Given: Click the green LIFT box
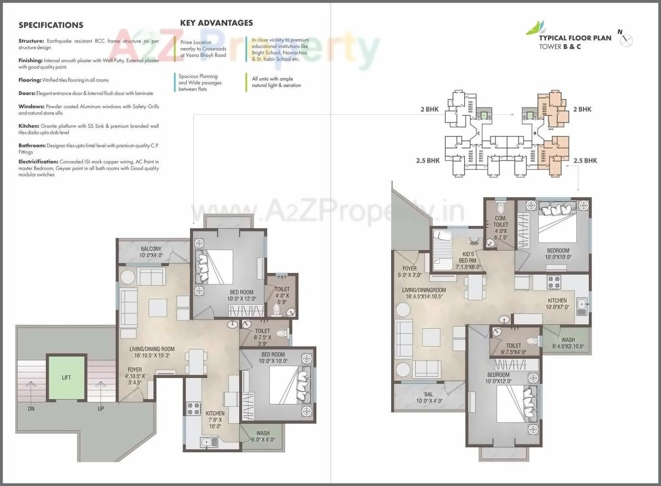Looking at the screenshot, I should click(x=66, y=377).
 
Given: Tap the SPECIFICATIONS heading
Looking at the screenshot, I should click(x=51, y=25).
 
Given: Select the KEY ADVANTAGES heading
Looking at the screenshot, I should click(x=216, y=23).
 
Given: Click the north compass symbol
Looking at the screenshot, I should click(x=627, y=39).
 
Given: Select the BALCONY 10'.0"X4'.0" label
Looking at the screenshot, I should click(x=151, y=252).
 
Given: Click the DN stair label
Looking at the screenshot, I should click(x=31, y=408).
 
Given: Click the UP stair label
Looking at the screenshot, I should click(x=101, y=408).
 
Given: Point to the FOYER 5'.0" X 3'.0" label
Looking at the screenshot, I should click(x=409, y=272).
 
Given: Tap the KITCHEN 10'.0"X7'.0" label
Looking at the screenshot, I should click(x=557, y=304).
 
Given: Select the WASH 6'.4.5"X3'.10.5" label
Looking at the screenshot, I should click(x=568, y=343).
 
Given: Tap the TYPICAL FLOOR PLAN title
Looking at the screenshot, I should click(x=575, y=38).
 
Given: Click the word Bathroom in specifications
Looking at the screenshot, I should click(x=31, y=145).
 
